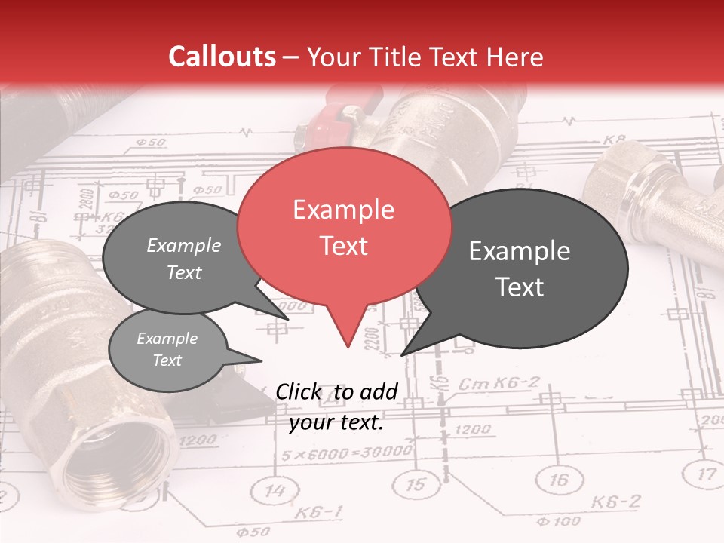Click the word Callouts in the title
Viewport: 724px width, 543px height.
coord(222,57)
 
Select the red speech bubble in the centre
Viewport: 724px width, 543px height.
coord(344,226)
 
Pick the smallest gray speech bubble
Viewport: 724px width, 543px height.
coord(167,351)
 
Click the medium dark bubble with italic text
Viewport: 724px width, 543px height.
coord(183,259)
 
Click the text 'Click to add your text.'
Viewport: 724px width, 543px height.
coord(336,406)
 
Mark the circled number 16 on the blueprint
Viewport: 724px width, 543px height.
coord(559,479)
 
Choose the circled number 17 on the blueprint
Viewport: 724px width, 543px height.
coord(705,474)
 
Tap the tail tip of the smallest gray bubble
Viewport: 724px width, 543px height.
coord(261,360)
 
